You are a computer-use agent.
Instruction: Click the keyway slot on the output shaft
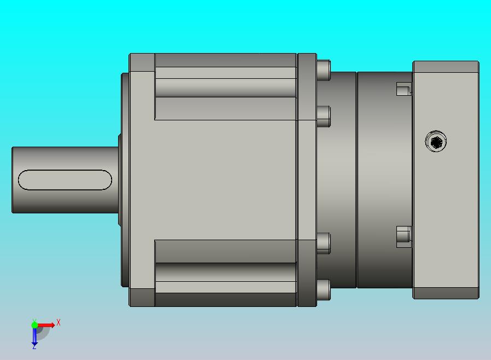point(65,180)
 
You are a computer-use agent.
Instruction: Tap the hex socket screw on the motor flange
point(436,142)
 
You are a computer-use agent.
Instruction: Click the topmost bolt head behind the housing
point(324,70)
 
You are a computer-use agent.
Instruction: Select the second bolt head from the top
point(324,117)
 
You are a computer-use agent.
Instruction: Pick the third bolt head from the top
point(324,243)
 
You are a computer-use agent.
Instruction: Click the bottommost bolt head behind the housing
point(324,290)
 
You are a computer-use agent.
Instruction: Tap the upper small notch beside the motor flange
point(404,89)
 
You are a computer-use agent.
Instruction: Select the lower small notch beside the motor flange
point(404,236)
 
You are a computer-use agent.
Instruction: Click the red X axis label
point(59,322)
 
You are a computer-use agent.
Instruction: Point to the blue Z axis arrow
point(34,336)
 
